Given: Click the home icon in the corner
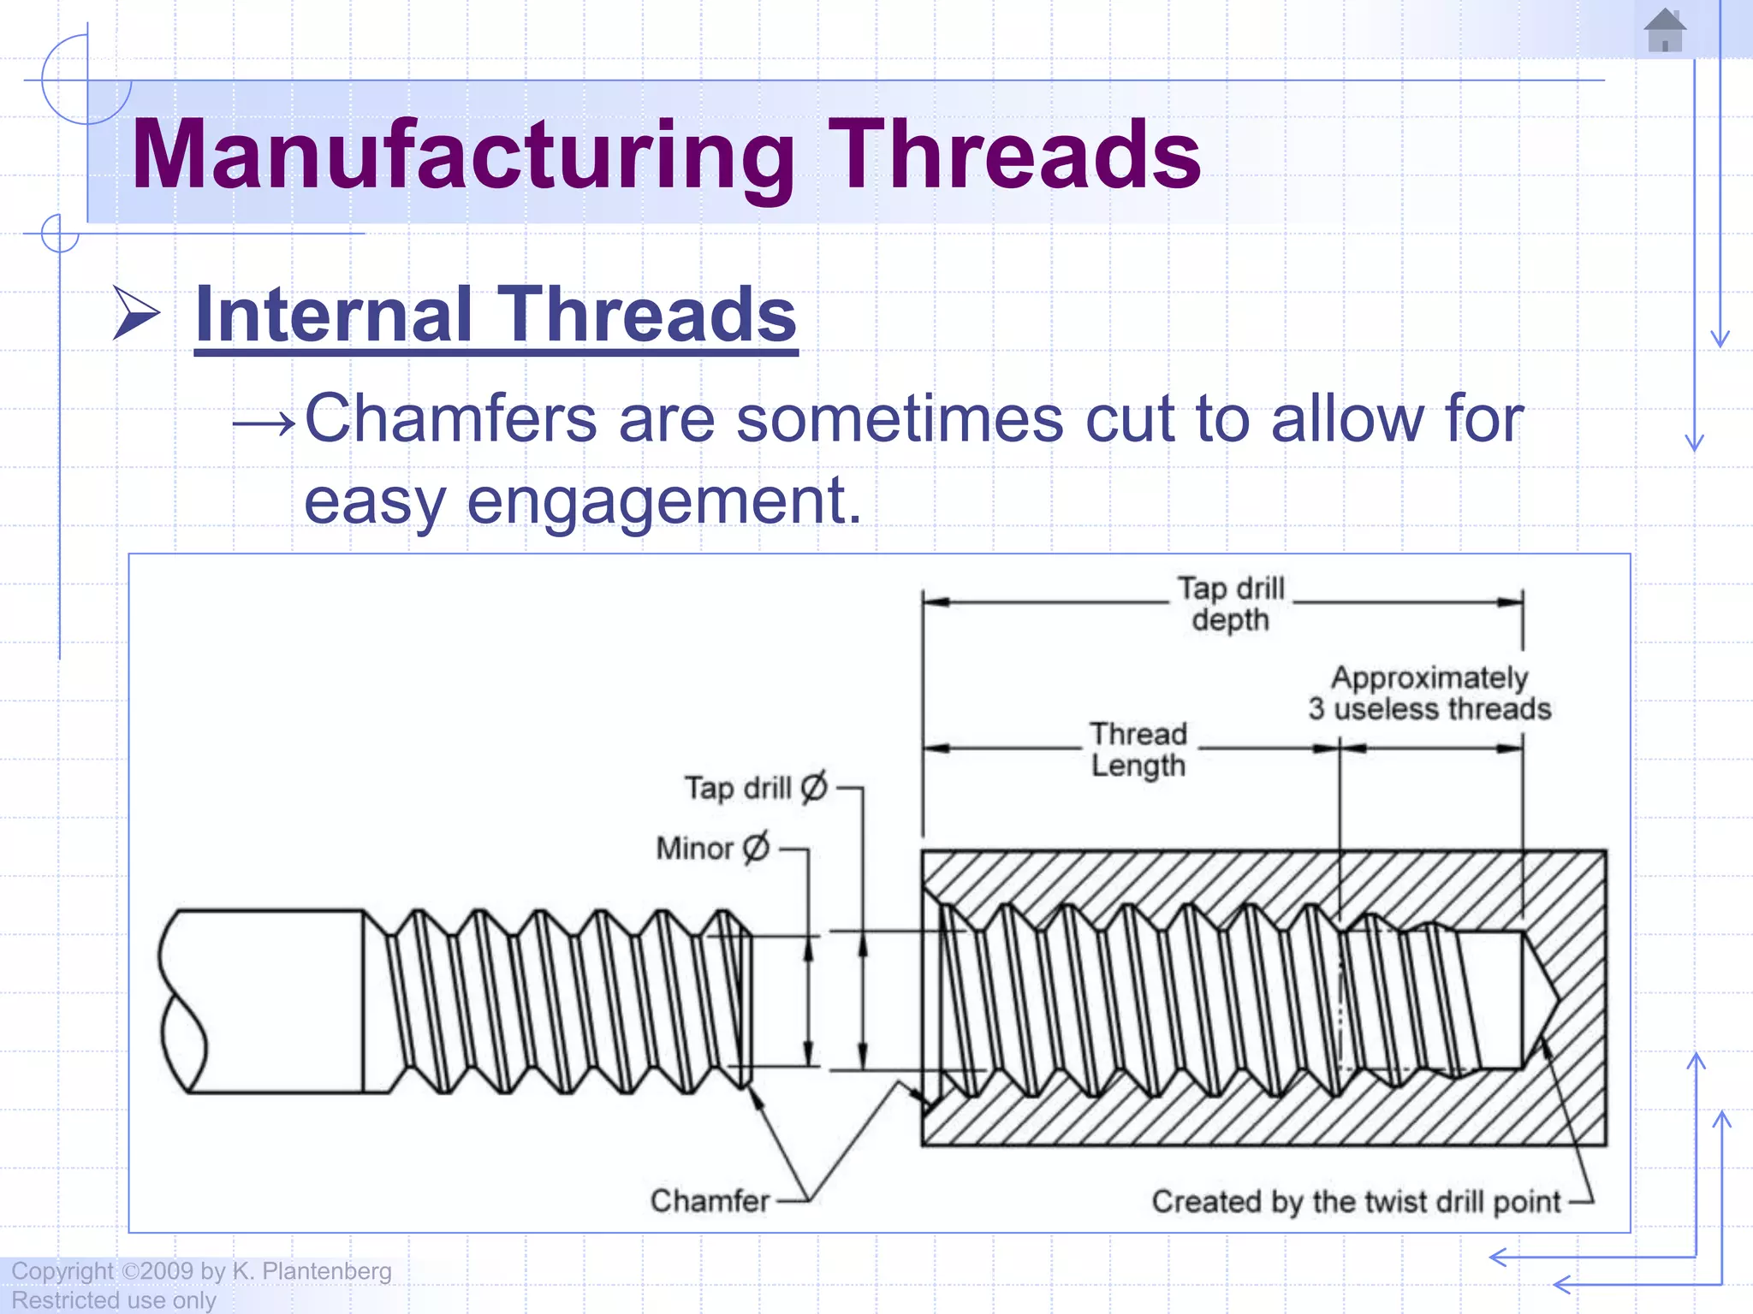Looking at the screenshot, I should pyautogui.click(x=1665, y=31).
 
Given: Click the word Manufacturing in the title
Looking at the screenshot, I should pyautogui.click(x=463, y=155).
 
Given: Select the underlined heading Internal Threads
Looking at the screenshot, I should pyautogui.click(x=496, y=315).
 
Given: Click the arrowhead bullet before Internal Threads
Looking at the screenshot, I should pyautogui.click(x=136, y=314).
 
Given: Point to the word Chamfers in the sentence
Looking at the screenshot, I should pyautogui.click(x=450, y=419).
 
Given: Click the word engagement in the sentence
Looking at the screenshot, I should pyautogui.click(x=664, y=500).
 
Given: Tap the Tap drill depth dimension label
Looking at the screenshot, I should pyautogui.click(x=1230, y=604).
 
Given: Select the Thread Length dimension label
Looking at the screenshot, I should pyautogui.click(x=1138, y=749).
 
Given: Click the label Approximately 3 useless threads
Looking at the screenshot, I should pyautogui.click(x=1429, y=693).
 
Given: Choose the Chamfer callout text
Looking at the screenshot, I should pyautogui.click(x=710, y=1201).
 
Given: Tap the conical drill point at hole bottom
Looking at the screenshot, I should pyautogui.click(x=1541, y=999).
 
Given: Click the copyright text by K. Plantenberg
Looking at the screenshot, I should pyautogui.click(x=201, y=1271).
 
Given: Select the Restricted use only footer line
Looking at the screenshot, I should pyautogui.click(x=113, y=1300).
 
